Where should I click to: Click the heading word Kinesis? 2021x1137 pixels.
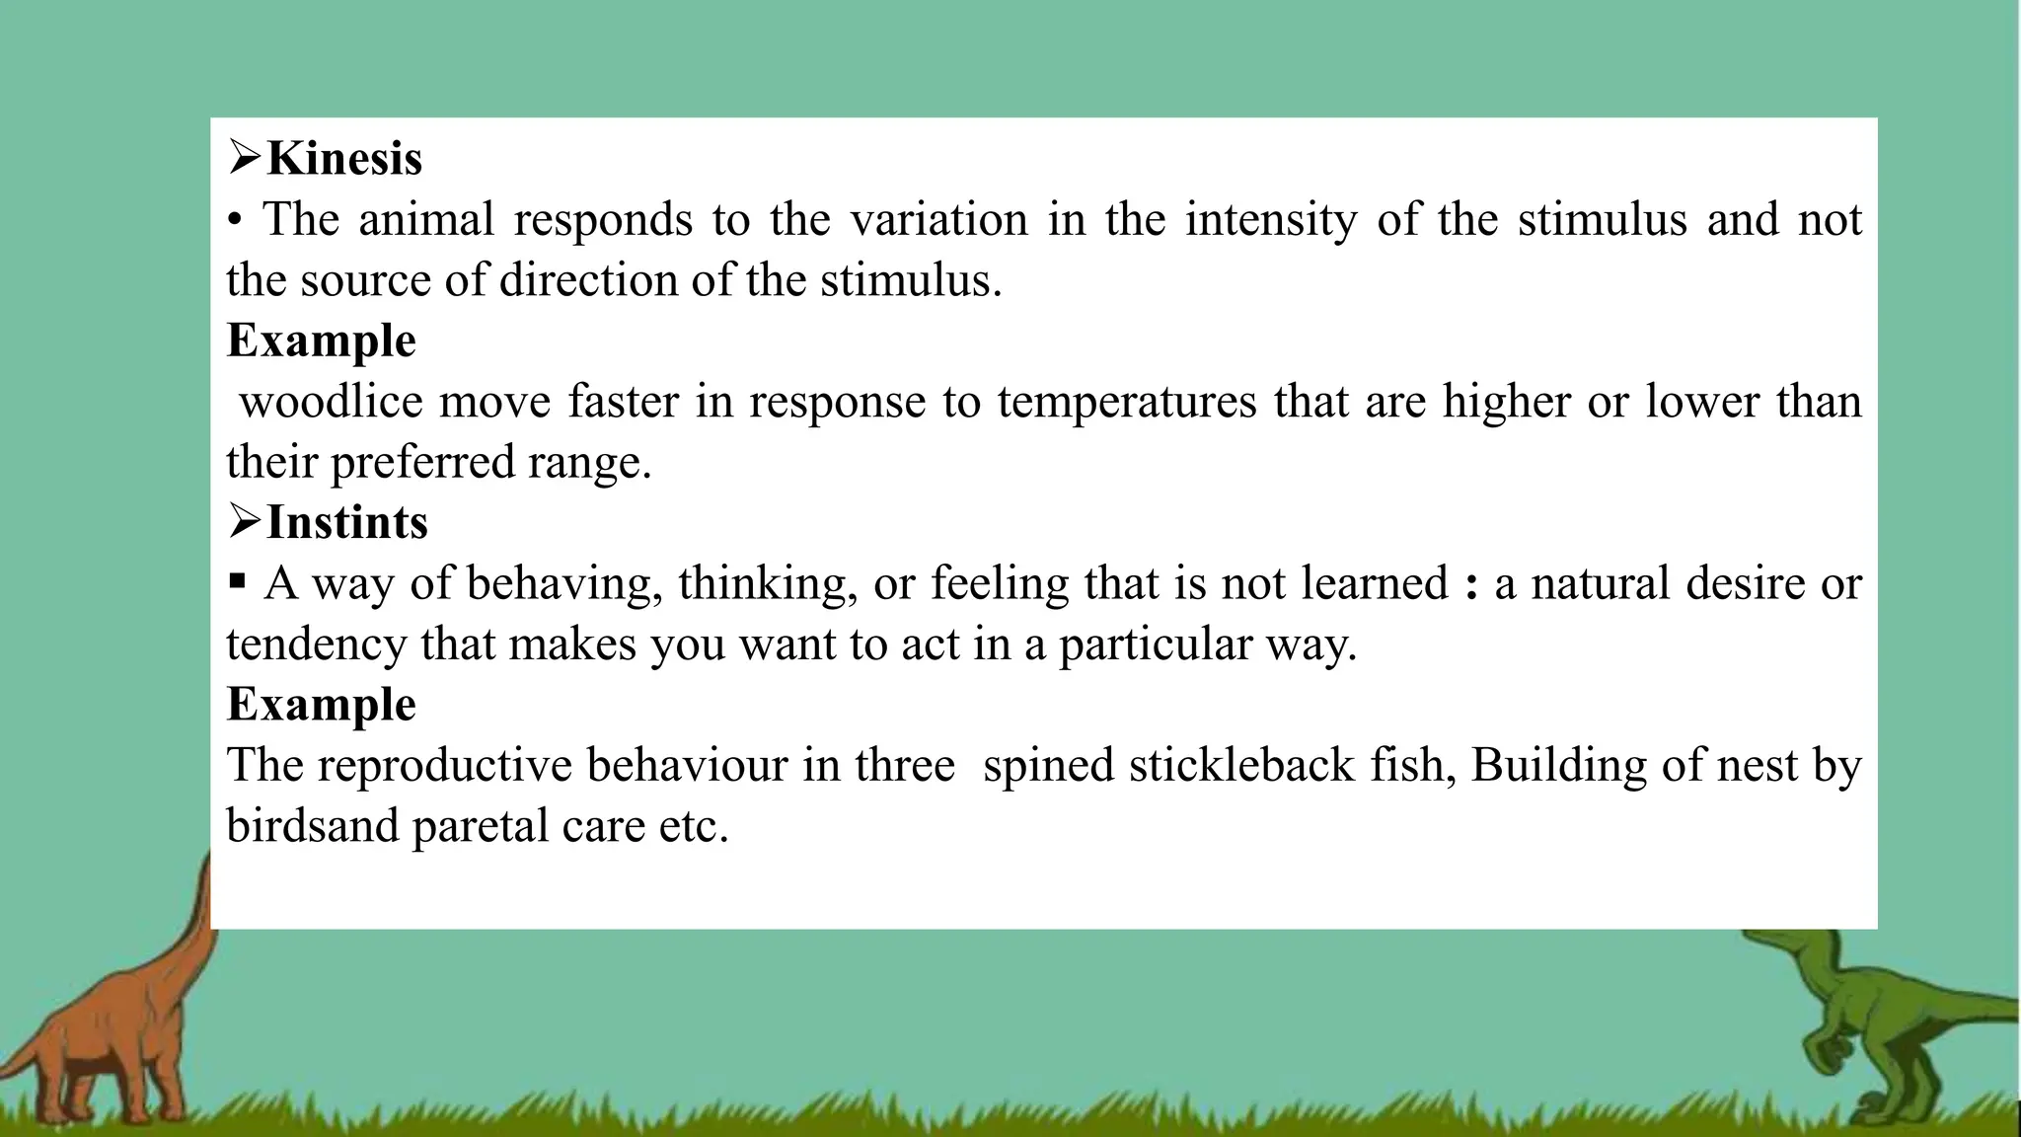(344, 159)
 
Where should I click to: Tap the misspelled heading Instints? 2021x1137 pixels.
(347, 522)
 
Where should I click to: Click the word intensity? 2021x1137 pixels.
(1271, 219)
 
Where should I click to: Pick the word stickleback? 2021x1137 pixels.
(1242, 765)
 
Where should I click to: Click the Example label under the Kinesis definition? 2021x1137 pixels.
(322, 341)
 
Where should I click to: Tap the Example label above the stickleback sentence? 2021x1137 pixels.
(322, 705)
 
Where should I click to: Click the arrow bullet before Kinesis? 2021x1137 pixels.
(244, 158)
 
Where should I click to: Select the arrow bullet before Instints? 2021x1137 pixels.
(244, 521)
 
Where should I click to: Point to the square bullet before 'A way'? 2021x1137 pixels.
(237, 581)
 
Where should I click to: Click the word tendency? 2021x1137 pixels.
(316, 644)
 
